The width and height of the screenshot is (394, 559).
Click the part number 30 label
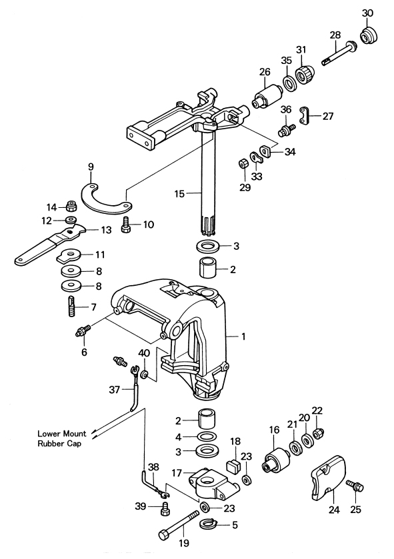pyautogui.click(x=367, y=13)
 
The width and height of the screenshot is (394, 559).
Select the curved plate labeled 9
pyautogui.click(x=105, y=200)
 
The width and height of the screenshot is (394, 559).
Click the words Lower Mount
pyautogui.click(x=62, y=434)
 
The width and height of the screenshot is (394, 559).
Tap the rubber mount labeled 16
pyautogui.click(x=277, y=459)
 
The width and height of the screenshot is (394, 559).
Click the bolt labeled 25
pyautogui.click(x=355, y=486)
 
